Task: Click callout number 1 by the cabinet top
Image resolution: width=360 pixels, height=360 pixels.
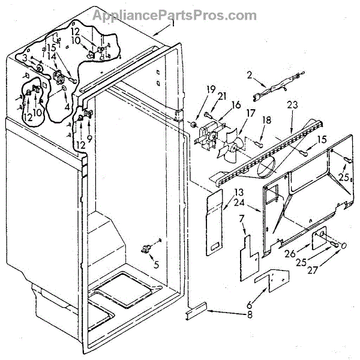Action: pos(173,24)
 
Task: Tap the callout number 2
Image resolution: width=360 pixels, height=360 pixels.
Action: pos(249,76)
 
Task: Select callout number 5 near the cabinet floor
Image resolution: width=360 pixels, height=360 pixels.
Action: pos(156,262)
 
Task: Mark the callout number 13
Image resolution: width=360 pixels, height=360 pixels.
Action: pos(239,192)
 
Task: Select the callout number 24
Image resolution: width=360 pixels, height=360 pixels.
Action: pos(239,202)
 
